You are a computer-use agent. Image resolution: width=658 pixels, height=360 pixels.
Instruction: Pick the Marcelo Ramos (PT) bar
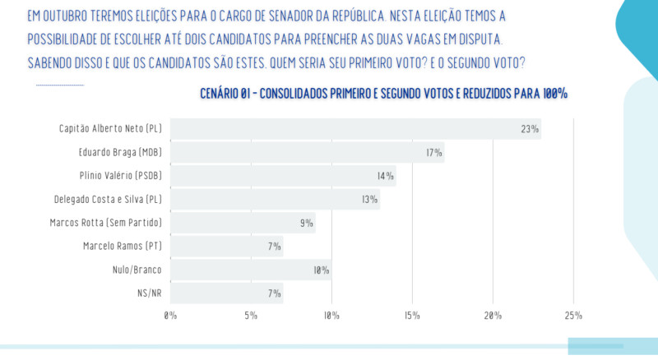[226, 246]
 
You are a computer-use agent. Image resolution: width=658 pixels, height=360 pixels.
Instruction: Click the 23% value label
[529, 129]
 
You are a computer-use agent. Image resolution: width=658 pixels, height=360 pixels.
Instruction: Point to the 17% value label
[433, 153]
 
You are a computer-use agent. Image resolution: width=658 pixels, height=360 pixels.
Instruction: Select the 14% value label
[385, 176]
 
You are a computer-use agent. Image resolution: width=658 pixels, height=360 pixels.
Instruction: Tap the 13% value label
[368, 200]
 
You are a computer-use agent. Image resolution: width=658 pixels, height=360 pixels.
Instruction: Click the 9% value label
[306, 223]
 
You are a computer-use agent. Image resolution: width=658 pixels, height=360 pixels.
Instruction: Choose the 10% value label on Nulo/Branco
[321, 270]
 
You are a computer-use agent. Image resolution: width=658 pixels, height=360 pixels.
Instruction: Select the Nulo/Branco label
[137, 270]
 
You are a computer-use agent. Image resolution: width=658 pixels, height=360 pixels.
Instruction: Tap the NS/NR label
[148, 293]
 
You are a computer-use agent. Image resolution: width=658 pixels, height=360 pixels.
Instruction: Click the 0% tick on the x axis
[171, 316]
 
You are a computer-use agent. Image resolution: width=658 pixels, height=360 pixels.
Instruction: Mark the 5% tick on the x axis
[252, 316]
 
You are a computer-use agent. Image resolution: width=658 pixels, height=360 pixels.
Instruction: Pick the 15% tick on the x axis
[413, 316]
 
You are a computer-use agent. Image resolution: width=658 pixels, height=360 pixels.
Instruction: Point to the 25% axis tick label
[573, 316]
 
